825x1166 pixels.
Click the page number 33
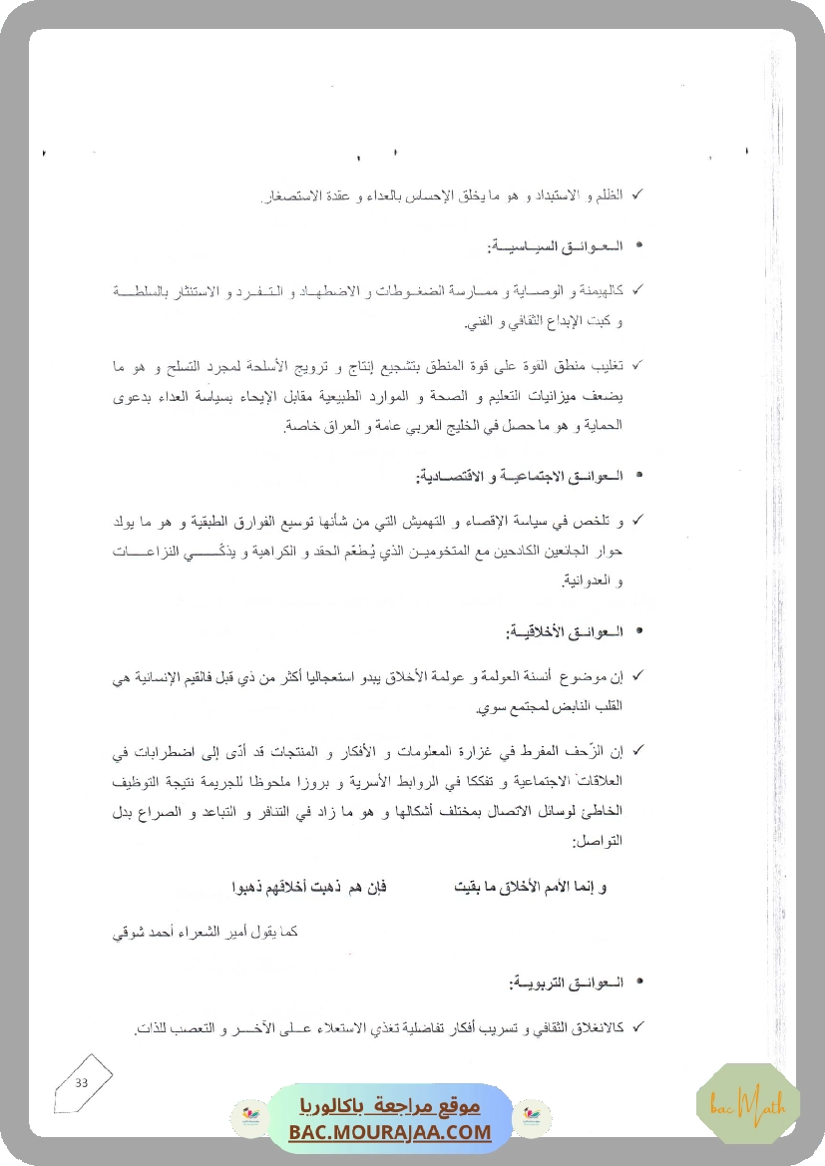pyautogui.click(x=82, y=1083)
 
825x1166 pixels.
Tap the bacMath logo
pyautogui.click(x=734, y=1103)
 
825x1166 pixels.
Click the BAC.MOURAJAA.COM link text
pyautogui.click(x=390, y=1132)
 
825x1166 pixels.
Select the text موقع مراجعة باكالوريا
pyautogui.click(x=390, y=1107)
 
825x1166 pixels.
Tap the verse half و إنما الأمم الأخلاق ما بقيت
pyautogui.click(x=530, y=886)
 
